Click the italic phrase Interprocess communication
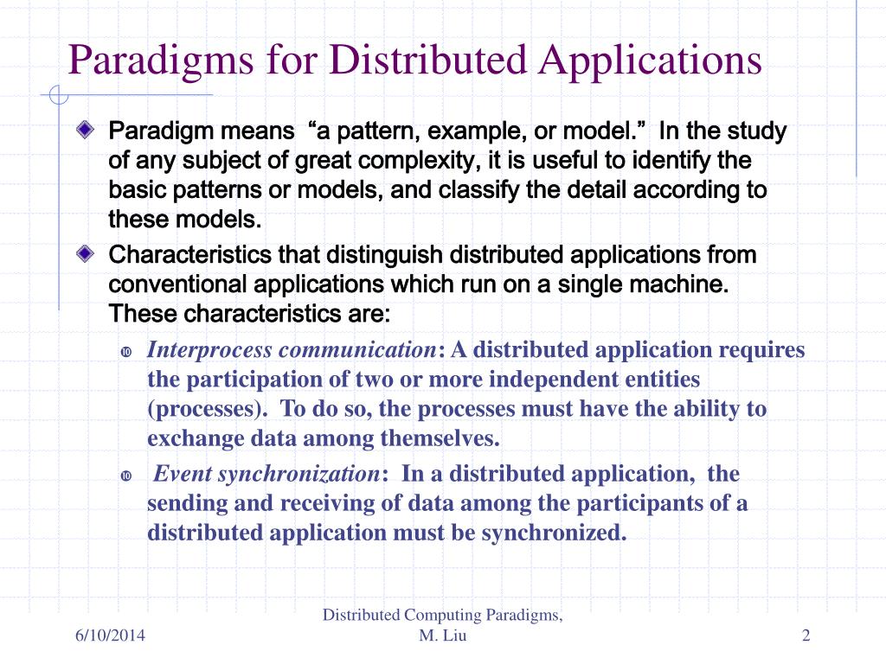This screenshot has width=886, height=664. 292,350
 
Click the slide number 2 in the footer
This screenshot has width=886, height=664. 806,637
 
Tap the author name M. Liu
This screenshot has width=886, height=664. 442,637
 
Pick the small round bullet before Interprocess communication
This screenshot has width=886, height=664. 126,352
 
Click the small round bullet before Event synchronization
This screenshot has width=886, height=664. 126,476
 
